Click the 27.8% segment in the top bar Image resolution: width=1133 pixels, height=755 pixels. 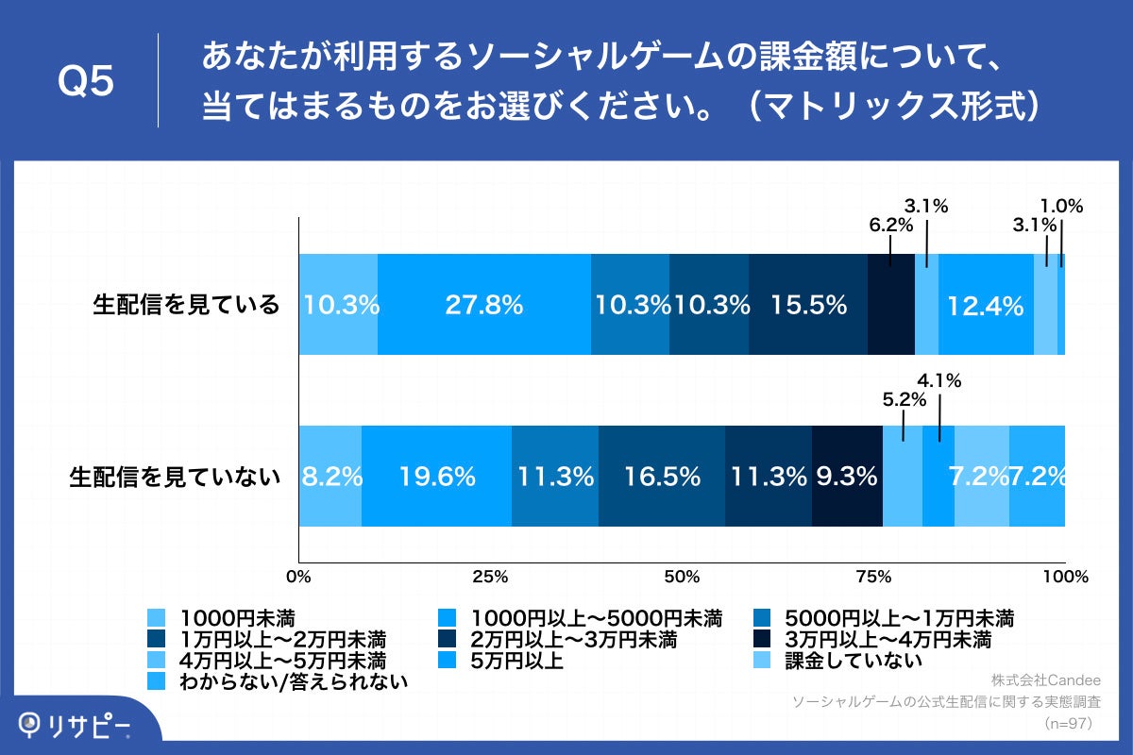484,305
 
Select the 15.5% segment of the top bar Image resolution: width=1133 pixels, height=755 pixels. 808,305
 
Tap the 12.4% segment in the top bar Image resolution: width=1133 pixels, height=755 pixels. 987,305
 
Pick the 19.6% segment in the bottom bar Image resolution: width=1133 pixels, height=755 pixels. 436,477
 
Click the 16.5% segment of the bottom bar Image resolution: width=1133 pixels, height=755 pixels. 662,477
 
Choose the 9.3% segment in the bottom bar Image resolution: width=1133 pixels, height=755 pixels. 847,477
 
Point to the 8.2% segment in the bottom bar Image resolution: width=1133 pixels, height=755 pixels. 330,477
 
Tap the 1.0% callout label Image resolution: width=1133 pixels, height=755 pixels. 1061,205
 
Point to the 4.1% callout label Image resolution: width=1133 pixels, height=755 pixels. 939,382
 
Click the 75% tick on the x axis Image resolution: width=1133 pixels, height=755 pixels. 873,576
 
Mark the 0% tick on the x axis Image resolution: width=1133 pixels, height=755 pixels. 298,576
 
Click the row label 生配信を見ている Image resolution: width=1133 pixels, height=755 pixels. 187,305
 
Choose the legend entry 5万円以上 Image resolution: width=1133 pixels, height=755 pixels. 516,661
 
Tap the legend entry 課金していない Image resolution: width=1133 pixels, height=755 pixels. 854,661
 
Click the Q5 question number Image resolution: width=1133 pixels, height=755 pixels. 87,82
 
